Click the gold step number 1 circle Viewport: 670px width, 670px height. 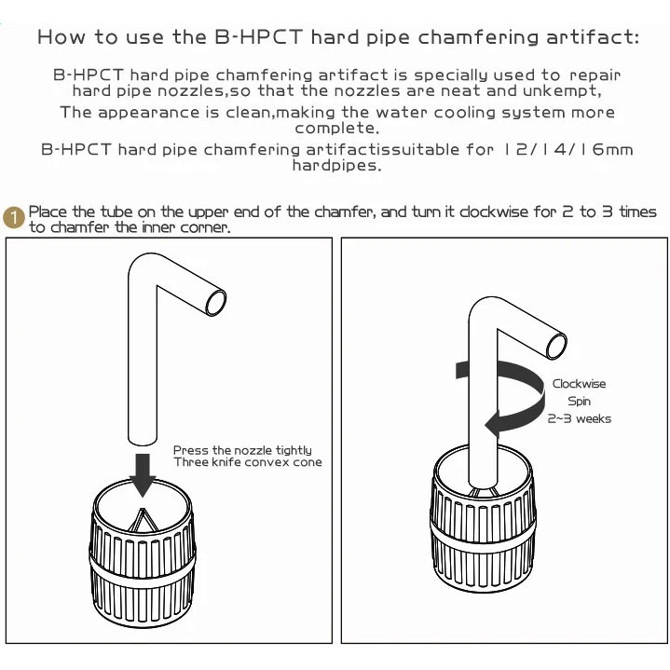(14, 217)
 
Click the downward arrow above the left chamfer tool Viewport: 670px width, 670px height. (143, 475)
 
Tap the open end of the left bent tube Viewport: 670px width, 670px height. (216, 303)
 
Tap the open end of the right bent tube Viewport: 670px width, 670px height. (556, 346)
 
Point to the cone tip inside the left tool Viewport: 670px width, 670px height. (143, 509)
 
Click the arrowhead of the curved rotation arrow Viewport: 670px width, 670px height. (494, 424)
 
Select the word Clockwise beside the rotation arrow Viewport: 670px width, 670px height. (579, 384)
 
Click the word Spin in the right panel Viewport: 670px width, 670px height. (579, 402)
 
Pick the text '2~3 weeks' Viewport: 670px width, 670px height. (579, 418)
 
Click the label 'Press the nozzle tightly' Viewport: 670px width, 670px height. (242, 450)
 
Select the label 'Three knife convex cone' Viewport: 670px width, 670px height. (247, 462)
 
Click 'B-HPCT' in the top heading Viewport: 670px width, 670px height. (258, 36)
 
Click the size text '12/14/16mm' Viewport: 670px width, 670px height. (568, 149)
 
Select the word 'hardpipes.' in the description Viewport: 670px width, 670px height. (336, 165)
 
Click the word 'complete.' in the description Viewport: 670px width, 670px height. (336, 129)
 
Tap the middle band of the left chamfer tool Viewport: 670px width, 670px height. (143, 564)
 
